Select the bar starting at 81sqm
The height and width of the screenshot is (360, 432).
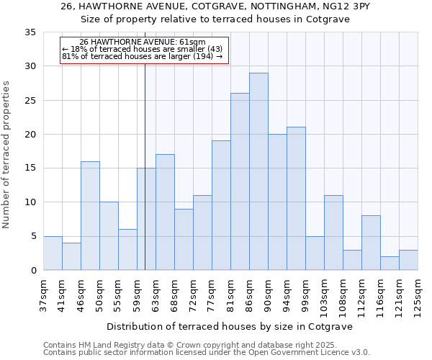tap(240, 181)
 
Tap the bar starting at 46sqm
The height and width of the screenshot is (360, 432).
tap(90, 215)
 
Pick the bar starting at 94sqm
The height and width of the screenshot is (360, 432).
tap(296, 199)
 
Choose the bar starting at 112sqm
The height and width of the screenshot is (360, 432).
tap(371, 243)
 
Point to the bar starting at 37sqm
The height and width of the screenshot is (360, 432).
tap(53, 253)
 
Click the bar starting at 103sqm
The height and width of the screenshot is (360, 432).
tap(333, 233)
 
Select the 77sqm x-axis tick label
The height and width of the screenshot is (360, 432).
tap(212, 295)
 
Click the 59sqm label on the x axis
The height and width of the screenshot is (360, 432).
tap(138, 295)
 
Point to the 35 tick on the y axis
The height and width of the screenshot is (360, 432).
tap(30, 32)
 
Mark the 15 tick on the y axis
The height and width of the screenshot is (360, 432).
tap(30, 168)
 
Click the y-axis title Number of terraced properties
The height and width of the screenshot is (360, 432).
tap(7, 155)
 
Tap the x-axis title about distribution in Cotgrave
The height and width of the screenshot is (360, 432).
tap(230, 326)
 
